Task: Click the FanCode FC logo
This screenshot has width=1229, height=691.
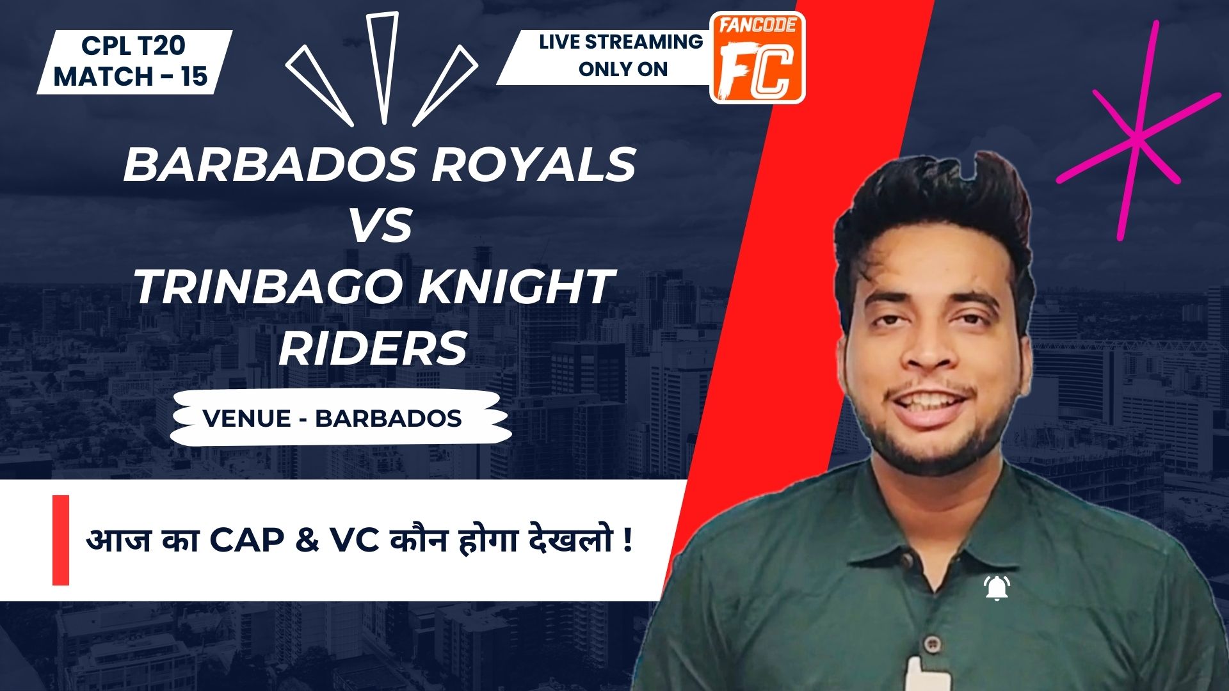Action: [758, 58]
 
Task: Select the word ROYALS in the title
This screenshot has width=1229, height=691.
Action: [533, 165]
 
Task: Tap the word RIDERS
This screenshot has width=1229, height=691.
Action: [373, 349]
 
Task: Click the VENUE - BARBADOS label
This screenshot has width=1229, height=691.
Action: [332, 418]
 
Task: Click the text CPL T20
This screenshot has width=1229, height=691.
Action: [133, 45]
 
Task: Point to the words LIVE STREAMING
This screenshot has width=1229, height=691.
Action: [621, 42]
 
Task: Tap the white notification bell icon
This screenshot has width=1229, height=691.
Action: [997, 588]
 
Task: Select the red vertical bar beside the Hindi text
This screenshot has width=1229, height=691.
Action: [61, 540]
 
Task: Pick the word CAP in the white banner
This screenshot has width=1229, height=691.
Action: [246, 541]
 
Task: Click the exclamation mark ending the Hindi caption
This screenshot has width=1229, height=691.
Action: [627, 541]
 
